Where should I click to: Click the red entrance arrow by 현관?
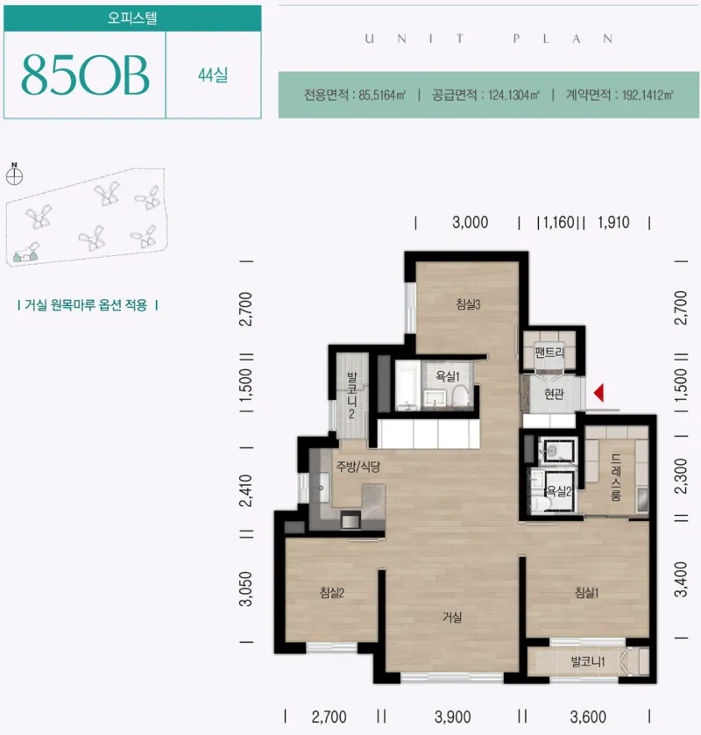coord(599,393)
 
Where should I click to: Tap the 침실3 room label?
coord(468,304)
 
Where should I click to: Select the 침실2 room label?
coord(332,593)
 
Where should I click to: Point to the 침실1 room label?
coord(587,593)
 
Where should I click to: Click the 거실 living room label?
coord(452,617)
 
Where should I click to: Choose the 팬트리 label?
coord(549,352)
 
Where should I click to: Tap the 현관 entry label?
coord(554,394)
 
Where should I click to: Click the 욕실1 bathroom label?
coord(448,376)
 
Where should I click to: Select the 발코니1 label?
coord(588,661)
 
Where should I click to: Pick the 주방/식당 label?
coord(358,467)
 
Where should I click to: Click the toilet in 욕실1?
coord(461,396)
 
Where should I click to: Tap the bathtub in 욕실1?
coord(407,385)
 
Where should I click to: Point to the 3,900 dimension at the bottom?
coord(452,717)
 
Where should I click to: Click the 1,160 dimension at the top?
coord(559,222)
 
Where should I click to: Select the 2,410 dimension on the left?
coord(245,490)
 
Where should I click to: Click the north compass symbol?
coord(15,175)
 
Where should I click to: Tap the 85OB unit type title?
coord(85,75)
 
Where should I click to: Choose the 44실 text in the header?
coord(213,75)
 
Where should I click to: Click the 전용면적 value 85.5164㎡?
coord(382,95)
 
